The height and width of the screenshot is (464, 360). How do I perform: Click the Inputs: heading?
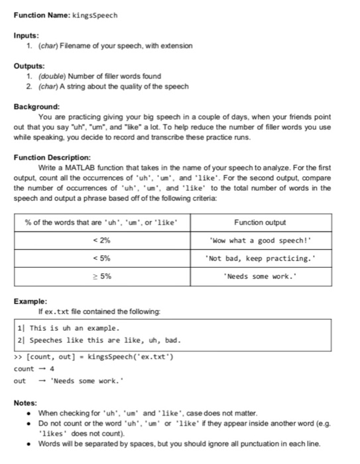[26, 36]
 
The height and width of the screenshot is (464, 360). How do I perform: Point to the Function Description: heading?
[52, 158]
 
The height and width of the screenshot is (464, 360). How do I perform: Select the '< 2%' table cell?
[105, 240]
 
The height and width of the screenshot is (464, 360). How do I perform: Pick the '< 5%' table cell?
[105, 259]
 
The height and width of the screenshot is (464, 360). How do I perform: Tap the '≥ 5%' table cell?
[105, 277]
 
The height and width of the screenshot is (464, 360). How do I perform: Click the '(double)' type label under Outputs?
[41, 76]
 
